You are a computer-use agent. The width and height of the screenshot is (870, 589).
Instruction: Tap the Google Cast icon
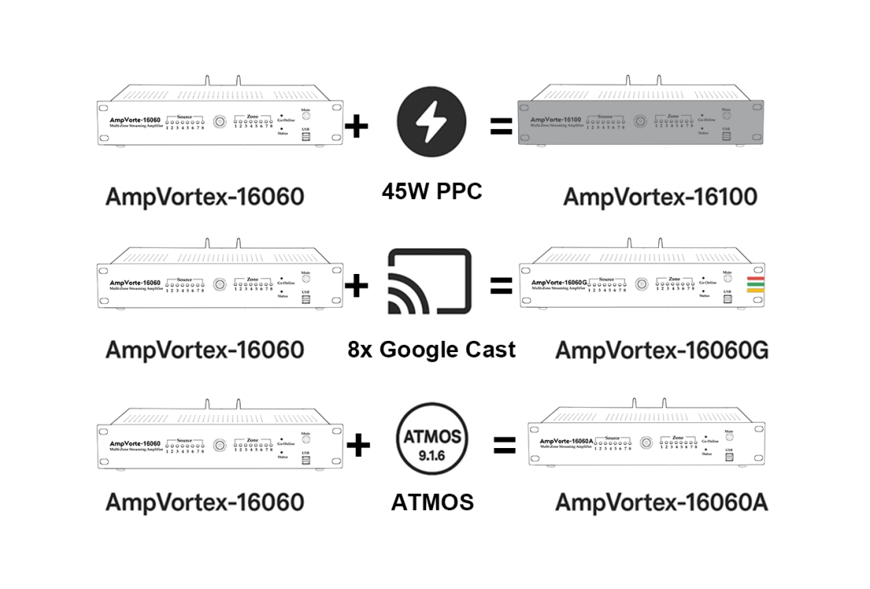click(x=428, y=284)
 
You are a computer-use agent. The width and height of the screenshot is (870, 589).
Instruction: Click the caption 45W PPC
click(x=432, y=192)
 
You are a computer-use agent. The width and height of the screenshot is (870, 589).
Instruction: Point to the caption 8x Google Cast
click(x=432, y=350)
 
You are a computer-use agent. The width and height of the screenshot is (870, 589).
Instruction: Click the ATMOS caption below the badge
click(x=433, y=503)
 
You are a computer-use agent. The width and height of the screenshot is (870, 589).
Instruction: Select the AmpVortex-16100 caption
click(x=661, y=197)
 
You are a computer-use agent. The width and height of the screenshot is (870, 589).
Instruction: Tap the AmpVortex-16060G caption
click(x=661, y=350)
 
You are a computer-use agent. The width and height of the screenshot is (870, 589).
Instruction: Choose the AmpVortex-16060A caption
click(x=661, y=502)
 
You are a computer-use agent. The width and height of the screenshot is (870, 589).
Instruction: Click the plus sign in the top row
click(x=356, y=126)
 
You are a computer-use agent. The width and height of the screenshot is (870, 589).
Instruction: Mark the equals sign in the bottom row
click(x=504, y=445)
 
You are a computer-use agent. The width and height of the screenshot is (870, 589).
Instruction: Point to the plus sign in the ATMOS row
click(x=358, y=445)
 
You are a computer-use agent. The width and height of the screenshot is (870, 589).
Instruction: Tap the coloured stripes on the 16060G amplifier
click(x=756, y=283)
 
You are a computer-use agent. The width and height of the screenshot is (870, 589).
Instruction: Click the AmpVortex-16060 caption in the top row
click(x=205, y=197)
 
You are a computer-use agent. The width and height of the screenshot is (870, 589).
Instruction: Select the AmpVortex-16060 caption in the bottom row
click(x=205, y=502)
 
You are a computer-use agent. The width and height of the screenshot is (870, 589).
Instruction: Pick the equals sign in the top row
click(x=501, y=126)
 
